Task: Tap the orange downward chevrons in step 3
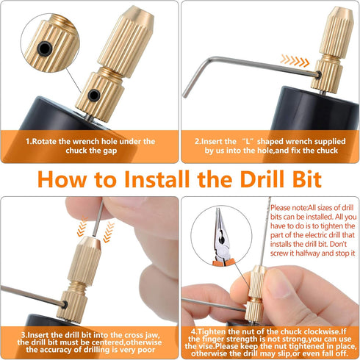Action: (x=109, y=231)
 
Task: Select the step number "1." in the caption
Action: (x=30, y=141)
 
